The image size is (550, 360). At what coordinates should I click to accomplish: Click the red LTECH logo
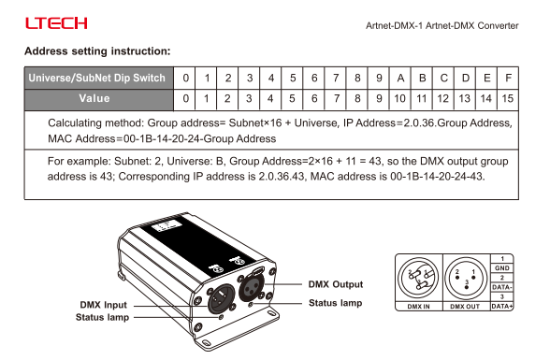(x=56, y=23)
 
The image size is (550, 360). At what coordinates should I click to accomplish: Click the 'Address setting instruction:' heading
(x=97, y=51)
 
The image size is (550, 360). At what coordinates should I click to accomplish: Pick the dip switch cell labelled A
(x=400, y=78)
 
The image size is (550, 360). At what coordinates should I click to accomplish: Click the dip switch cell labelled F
(x=508, y=78)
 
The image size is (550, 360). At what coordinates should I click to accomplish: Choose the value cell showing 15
(x=508, y=99)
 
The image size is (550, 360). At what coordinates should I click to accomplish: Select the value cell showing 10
(x=400, y=99)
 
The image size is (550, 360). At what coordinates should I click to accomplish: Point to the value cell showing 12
(x=443, y=99)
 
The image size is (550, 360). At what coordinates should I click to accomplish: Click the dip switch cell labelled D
(x=465, y=78)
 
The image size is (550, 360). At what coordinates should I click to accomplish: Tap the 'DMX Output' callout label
(x=335, y=284)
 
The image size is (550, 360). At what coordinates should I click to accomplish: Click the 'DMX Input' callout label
(x=103, y=305)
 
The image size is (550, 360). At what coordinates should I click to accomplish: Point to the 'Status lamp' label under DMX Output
(x=335, y=303)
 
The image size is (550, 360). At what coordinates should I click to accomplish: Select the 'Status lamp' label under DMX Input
(x=103, y=317)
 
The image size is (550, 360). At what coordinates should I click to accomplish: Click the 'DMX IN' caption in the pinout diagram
(x=418, y=307)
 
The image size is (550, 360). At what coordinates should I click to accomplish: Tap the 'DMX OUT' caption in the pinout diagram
(x=465, y=307)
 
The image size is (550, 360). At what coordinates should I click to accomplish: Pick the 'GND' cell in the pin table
(x=502, y=268)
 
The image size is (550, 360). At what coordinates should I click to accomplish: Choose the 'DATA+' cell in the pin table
(x=502, y=306)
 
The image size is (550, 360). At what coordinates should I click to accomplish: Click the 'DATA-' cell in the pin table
(x=502, y=287)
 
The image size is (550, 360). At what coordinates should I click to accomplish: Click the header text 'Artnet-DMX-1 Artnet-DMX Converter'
(x=441, y=25)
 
